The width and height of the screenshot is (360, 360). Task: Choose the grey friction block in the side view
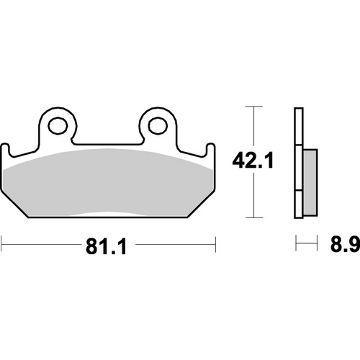tap(309, 184)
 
